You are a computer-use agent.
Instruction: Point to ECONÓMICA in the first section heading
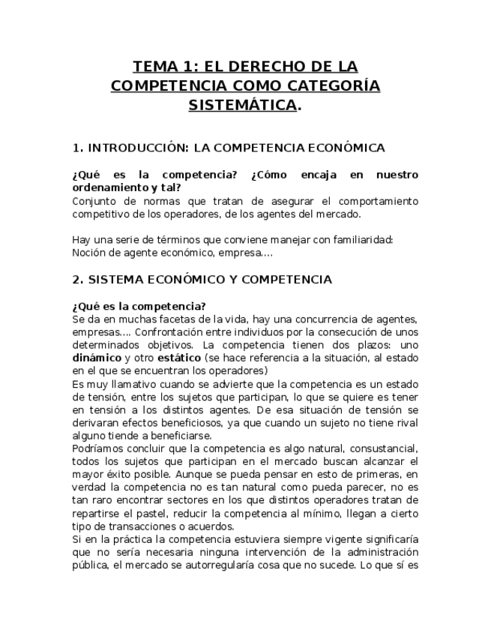pyautogui.click(x=349, y=147)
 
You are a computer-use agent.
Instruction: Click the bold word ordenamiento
pyautogui.click(x=109, y=187)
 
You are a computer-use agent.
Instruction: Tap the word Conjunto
pyautogui.click(x=95, y=201)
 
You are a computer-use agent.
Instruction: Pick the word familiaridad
pyautogui.click(x=361, y=239)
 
